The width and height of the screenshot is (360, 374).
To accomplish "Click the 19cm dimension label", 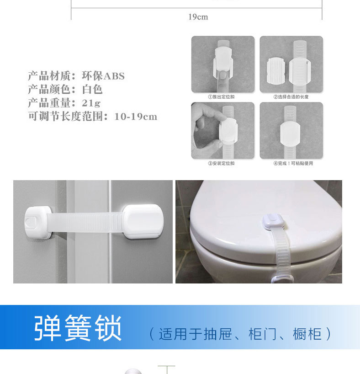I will (x=198, y=17).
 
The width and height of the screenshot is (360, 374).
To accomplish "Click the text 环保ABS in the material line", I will (x=103, y=76).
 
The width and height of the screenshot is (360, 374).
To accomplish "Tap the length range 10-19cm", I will (x=136, y=117).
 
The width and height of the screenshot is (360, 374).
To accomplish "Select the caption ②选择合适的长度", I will (x=291, y=97).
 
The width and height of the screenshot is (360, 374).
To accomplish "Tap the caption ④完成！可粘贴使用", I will (x=293, y=163).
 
